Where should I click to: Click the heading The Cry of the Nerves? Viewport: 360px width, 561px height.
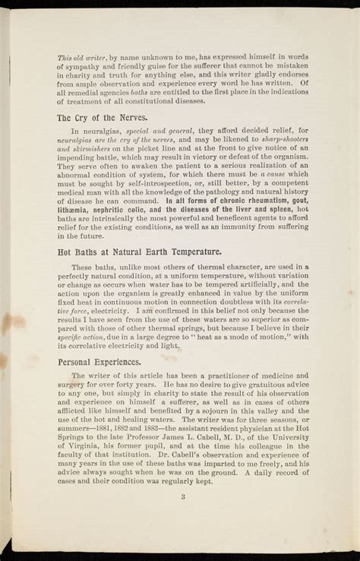pyautogui.click(x=102, y=118)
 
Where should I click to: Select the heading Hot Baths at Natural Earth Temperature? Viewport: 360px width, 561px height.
pyautogui.click(x=139, y=252)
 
